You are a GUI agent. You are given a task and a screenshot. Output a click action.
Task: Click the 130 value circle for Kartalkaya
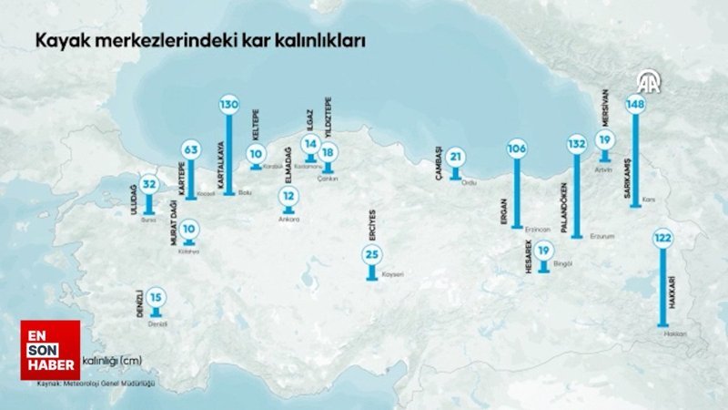(228, 105)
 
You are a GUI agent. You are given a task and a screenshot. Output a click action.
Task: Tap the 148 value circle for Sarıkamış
(635, 105)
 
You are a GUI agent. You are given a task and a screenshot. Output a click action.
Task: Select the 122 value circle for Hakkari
(662, 239)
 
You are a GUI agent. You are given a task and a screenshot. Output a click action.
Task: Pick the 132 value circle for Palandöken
(577, 144)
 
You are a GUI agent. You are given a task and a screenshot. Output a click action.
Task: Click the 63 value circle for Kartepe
(190, 149)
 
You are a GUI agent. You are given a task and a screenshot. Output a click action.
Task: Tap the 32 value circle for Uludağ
(150, 185)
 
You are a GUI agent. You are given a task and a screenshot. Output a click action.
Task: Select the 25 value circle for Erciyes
(371, 254)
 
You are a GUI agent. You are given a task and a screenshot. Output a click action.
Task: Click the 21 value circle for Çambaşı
(456, 158)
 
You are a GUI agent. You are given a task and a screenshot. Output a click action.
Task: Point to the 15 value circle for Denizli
(157, 296)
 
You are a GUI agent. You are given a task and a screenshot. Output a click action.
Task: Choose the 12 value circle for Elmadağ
(288, 196)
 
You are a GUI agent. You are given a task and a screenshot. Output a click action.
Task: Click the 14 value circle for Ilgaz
(310, 144)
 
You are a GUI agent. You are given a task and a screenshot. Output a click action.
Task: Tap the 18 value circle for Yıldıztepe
(328, 152)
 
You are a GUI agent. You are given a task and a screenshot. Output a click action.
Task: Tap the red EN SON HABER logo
(50, 350)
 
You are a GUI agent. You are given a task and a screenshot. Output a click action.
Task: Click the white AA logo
(649, 84)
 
